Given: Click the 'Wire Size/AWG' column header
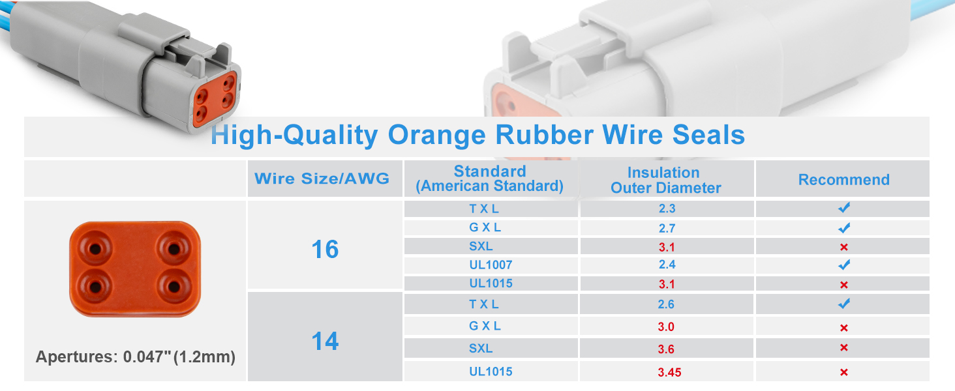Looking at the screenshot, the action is (322, 179).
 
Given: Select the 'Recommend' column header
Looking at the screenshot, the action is (843, 180).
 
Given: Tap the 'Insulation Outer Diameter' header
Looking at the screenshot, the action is (665, 180).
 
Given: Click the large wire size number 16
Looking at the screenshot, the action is (325, 249).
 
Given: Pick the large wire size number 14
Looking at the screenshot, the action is (325, 341).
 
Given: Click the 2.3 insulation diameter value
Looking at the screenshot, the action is (667, 209).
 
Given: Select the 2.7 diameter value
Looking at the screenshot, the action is (667, 228).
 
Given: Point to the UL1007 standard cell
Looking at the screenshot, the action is (491, 265).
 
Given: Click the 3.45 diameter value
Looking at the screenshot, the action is (669, 372).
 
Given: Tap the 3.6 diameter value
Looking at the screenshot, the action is (666, 349).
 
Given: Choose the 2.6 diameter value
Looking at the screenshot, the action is (666, 304).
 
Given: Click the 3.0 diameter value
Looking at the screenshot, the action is (666, 326).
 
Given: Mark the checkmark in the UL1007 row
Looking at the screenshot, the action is (844, 265).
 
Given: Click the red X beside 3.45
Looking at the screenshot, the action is (843, 372).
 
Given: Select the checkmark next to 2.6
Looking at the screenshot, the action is (844, 304).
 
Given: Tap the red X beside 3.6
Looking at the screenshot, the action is (843, 347).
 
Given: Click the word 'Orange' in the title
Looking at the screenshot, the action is (436, 136).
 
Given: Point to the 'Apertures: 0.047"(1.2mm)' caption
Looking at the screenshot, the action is (136, 357).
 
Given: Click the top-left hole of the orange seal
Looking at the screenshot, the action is (95, 248).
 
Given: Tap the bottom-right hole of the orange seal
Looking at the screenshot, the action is (174, 286).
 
